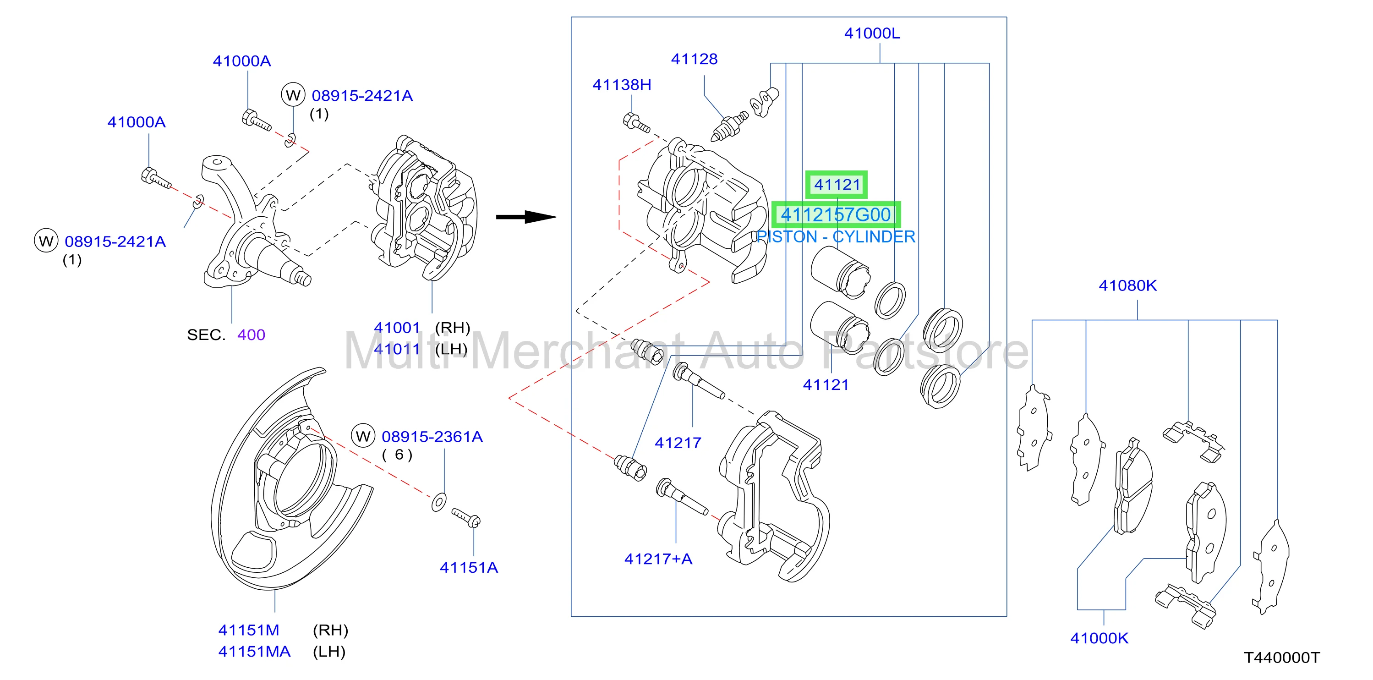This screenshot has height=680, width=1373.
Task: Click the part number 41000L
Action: (x=872, y=33)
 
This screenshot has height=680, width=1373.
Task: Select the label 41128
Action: (x=694, y=59)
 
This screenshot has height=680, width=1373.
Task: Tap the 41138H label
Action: (x=622, y=85)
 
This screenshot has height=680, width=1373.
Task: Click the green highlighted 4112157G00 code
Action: (x=836, y=215)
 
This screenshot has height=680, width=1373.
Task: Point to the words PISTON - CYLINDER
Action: (x=836, y=236)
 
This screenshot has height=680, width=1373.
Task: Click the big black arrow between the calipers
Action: (x=526, y=217)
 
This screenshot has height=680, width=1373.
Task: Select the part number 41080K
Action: (x=1127, y=285)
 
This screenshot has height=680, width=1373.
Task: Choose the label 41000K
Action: (x=1099, y=638)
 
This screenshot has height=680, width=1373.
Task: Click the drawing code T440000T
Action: (x=1282, y=658)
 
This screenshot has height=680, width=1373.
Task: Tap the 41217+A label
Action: (x=658, y=559)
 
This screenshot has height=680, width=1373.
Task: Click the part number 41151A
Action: (x=469, y=568)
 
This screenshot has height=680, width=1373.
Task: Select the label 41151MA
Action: (x=254, y=652)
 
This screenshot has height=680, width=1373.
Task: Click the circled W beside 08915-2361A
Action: (x=363, y=437)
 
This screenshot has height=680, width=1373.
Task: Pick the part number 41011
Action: (x=397, y=349)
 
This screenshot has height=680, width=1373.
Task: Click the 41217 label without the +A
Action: (x=678, y=443)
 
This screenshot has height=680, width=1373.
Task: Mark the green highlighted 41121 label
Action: (x=836, y=184)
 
